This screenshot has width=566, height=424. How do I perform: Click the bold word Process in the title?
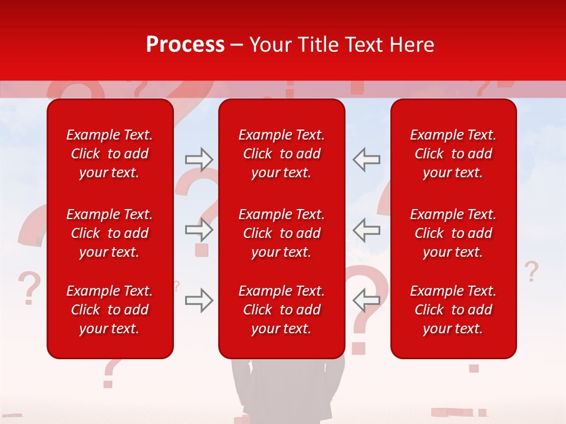(185, 45)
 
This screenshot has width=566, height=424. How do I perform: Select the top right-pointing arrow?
(199, 160)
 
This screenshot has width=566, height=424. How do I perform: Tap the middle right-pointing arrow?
(199, 230)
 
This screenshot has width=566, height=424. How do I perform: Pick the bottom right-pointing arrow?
(199, 300)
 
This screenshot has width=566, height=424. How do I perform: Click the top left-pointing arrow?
(366, 160)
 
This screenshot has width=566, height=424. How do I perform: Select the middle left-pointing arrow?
(366, 230)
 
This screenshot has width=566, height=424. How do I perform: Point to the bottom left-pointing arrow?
(366, 300)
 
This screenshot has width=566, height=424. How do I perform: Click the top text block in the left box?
(110, 154)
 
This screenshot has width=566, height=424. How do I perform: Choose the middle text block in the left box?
(110, 233)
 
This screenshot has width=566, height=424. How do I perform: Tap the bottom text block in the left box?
(110, 310)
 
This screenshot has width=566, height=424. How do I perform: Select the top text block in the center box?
(281, 154)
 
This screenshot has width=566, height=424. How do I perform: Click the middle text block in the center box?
(281, 233)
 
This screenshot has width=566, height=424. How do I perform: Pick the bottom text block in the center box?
(281, 310)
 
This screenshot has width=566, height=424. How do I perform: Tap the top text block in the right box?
(453, 154)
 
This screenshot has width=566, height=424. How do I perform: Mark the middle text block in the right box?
(453, 233)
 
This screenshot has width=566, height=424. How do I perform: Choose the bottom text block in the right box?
(453, 310)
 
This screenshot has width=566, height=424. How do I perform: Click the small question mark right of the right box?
(531, 271)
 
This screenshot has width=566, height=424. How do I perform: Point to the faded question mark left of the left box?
(28, 287)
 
